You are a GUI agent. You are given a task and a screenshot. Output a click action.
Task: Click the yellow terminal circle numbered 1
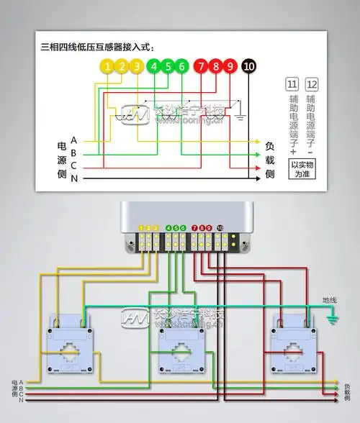click(107, 67)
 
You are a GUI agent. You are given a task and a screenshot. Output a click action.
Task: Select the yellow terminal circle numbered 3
click(137, 67)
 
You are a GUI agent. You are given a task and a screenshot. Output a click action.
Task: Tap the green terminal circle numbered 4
click(153, 67)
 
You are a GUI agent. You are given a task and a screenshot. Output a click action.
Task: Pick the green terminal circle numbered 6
click(182, 67)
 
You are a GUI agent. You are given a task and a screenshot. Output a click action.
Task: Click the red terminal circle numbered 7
click(201, 67)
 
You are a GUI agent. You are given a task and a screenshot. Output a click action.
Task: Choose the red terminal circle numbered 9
click(230, 67)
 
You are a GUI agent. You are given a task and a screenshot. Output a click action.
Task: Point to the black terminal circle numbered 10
click(249, 67)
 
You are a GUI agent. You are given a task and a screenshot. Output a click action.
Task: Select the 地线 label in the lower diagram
click(329, 299)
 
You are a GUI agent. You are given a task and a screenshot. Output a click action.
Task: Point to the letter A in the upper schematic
click(74, 141)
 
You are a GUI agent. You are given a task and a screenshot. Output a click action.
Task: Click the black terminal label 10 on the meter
click(220, 227)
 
